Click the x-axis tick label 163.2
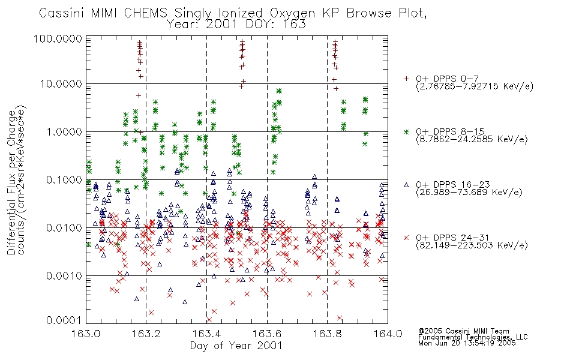click(x=146, y=334)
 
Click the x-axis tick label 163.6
click(x=267, y=334)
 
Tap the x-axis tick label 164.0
click(x=388, y=334)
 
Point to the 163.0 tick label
click(x=86, y=334)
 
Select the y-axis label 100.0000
click(x=58, y=38)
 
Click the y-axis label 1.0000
click(x=64, y=131)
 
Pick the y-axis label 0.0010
click(x=64, y=275)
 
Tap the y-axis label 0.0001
click(x=64, y=320)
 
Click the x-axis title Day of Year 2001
click(x=236, y=346)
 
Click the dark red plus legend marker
click(x=406, y=79)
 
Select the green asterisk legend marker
click(x=406, y=131)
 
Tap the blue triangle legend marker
click(x=406, y=185)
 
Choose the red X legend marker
click(x=406, y=238)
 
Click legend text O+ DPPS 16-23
click(x=453, y=185)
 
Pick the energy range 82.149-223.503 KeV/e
click(x=472, y=245)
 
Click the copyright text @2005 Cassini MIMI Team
click(x=463, y=331)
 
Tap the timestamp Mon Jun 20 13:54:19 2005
click(x=467, y=343)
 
